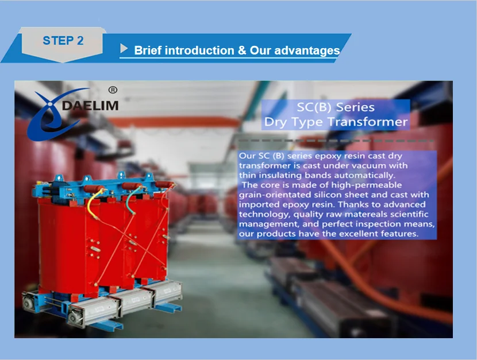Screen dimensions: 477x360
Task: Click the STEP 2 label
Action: pos(63,40)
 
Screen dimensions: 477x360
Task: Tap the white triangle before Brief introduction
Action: pos(124,48)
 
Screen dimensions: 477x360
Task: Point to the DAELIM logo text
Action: pos(90,106)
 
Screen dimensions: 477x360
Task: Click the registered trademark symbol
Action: pos(113,90)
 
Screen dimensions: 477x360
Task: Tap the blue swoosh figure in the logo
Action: pos(55,114)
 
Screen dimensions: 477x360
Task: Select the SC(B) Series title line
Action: pos(336,107)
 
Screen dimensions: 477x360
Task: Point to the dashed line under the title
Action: pos(336,141)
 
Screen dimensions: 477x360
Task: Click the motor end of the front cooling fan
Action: pos(74,317)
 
